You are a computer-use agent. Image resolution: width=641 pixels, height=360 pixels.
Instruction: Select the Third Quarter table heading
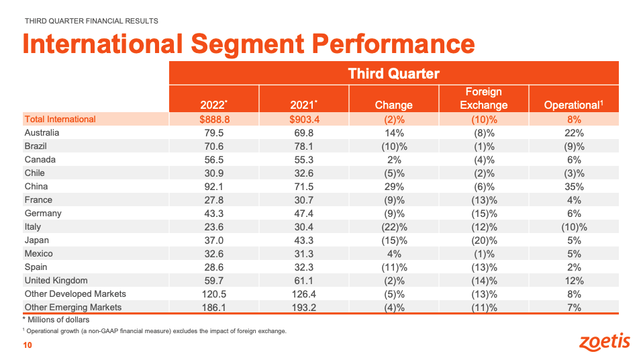(x=393, y=74)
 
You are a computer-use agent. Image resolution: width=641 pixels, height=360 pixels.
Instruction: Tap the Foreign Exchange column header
(x=483, y=98)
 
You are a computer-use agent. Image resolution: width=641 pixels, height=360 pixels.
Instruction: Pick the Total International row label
(x=60, y=119)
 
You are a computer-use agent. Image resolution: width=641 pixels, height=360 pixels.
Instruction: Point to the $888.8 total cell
(x=213, y=119)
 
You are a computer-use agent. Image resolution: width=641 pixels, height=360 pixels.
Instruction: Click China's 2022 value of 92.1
(x=213, y=186)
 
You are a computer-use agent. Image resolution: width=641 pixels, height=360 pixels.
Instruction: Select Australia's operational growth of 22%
(x=573, y=132)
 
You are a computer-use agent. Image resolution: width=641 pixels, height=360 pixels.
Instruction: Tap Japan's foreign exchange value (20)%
(x=483, y=240)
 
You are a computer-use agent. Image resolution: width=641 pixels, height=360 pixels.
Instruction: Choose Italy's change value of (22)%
(x=393, y=226)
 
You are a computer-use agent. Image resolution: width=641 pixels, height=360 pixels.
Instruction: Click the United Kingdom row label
(x=56, y=280)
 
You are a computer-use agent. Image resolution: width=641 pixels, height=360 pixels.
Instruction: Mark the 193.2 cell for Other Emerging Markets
(x=303, y=307)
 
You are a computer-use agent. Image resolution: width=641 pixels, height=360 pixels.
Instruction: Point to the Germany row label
(x=42, y=213)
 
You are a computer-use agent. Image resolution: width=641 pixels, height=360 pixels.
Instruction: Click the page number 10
(x=28, y=345)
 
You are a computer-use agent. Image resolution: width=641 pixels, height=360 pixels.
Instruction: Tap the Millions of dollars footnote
(x=56, y=320)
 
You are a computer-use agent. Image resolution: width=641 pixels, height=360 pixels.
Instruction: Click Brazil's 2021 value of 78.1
(x=303, y=146)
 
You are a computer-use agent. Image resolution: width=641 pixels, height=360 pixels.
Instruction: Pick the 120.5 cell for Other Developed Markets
(x=213, y=294)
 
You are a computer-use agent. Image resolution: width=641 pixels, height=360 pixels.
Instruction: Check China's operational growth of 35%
(x=573, y=186)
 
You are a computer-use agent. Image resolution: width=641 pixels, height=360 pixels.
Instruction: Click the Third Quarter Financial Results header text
(x=91, y=21)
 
